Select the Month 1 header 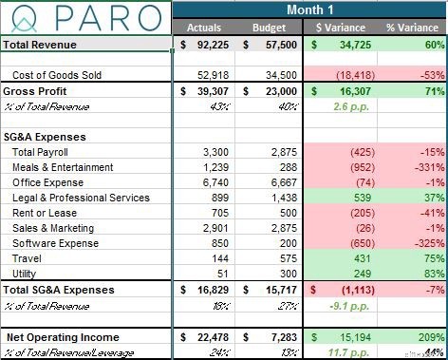309,9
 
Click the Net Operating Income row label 64,337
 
